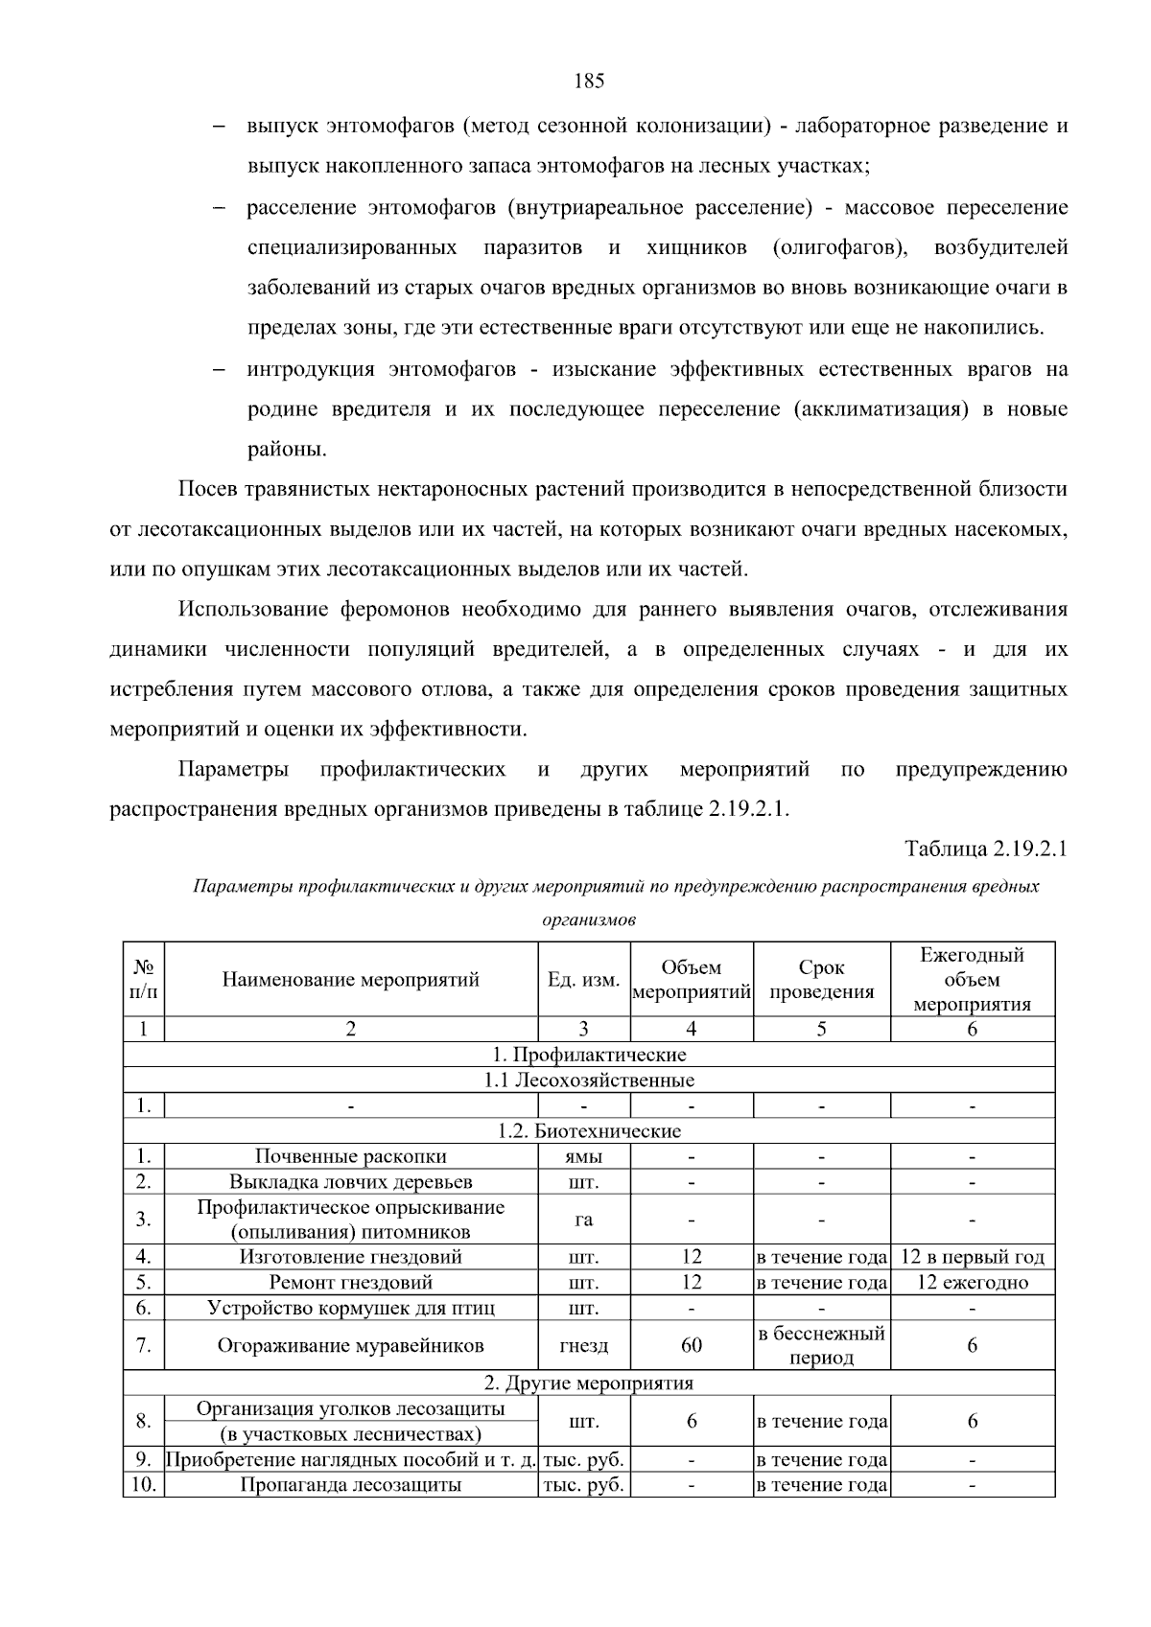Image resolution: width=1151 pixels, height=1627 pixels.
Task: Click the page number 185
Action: [588, 81]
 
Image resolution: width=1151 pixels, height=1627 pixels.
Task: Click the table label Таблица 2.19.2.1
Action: [985, 849]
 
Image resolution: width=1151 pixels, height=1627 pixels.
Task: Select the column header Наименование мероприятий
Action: [350, 980]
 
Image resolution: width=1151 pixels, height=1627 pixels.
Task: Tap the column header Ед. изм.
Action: [583, 980]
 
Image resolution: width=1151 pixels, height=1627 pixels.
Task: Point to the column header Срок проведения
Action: [822, 980]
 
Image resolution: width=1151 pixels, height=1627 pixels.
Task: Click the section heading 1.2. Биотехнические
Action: [588, 1131]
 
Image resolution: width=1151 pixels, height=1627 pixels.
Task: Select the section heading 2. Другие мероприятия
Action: [588, 1383]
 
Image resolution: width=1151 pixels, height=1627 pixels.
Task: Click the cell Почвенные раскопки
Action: [350, 1157]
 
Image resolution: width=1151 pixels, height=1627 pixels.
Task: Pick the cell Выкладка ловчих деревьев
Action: [350, 1182]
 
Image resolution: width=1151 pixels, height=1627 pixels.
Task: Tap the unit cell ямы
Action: [583, 1157]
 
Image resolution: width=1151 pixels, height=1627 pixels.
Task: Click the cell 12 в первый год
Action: [972, 1257]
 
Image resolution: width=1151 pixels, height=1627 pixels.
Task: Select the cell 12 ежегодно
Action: [972, 1283]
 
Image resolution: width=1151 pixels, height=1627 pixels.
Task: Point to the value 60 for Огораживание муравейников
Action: [691, 1346]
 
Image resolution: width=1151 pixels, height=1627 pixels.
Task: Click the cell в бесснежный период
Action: [822, 1346]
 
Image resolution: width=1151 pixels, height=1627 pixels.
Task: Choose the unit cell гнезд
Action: [583, 1346]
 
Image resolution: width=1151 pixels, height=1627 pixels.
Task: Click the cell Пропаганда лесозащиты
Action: [350, 1486]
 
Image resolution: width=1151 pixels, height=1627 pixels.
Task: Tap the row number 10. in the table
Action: [144, 1486]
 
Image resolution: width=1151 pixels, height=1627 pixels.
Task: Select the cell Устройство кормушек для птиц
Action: [350, 1309]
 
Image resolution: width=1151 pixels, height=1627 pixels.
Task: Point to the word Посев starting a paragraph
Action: [206, 490]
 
